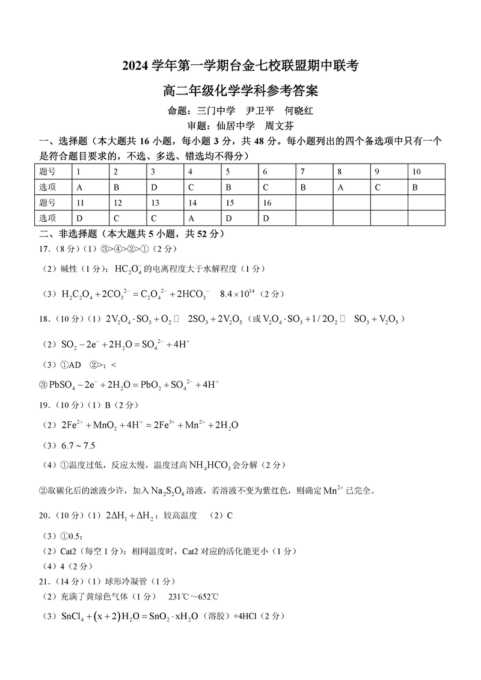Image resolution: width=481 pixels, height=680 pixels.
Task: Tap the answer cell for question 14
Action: pyautogui.click(x=191, y=218)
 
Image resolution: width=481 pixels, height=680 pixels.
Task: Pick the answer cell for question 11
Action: pyautogui.click(x=80, y=218)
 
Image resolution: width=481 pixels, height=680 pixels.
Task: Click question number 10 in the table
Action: pyautogui.click(x=417, y=172)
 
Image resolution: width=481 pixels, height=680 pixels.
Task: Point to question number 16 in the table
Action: pyautogui.click(x=268, y=203)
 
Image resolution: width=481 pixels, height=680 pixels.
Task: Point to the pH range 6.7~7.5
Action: pyautogui.click(x=79, y=446)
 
